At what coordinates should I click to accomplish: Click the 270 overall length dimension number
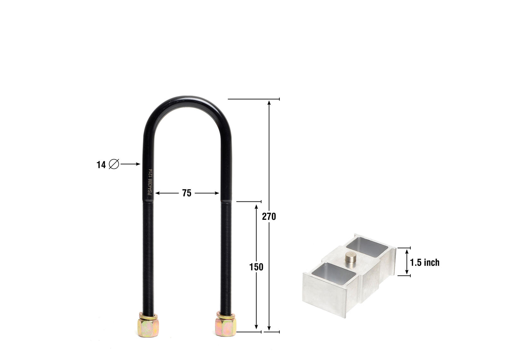269,217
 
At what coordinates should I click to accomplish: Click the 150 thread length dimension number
256,267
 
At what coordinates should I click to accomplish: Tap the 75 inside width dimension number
187,193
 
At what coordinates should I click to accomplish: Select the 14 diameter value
101,165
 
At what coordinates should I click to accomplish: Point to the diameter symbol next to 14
114,164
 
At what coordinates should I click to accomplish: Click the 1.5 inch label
425,262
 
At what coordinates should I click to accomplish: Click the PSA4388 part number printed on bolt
150,182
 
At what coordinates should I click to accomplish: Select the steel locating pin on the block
350,257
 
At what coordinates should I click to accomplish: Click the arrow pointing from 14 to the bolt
130,164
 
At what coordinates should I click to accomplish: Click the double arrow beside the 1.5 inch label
407,262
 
